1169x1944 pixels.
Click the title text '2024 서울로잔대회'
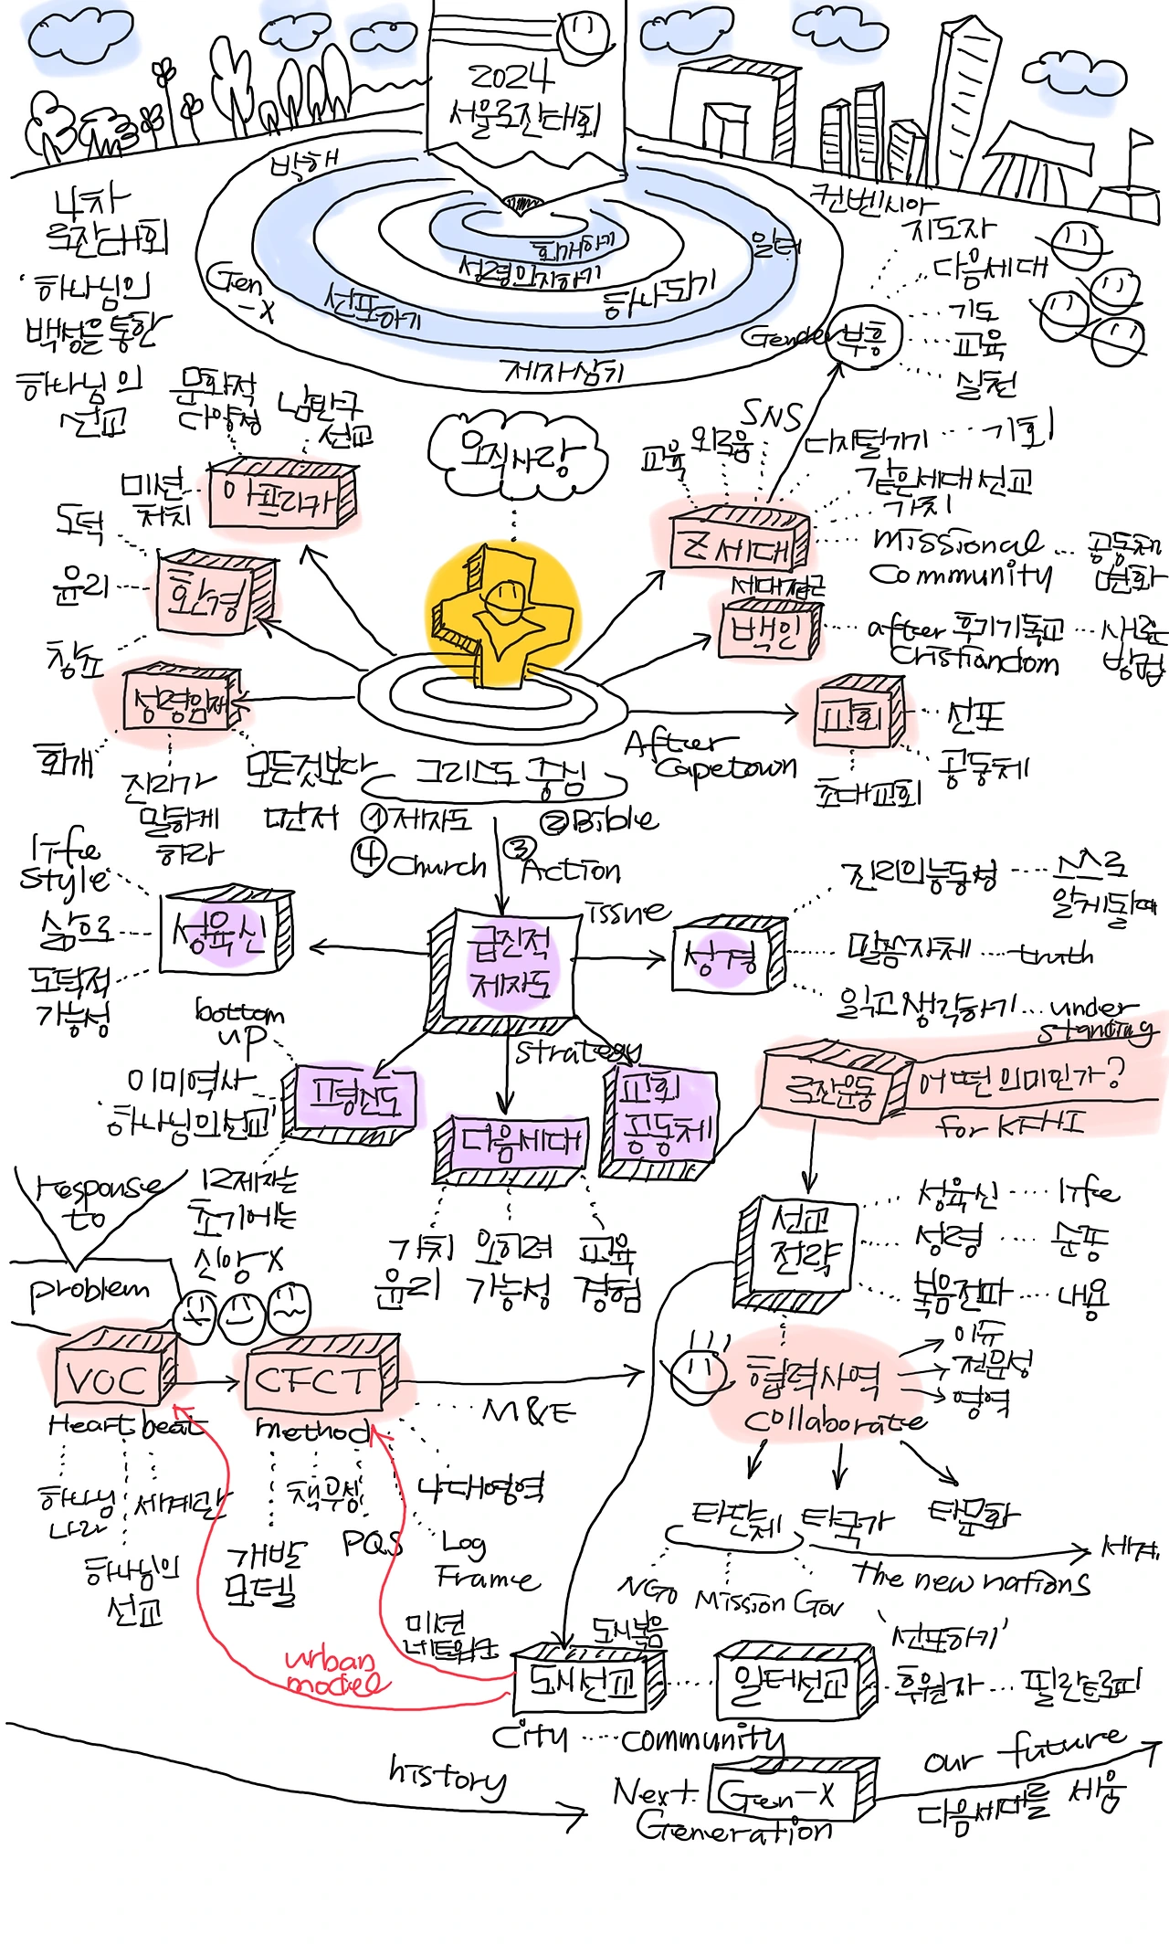[x=525, y=96]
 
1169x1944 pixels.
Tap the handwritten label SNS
[x=771, y=416]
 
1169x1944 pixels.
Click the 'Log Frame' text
[x=484, y=1560]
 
